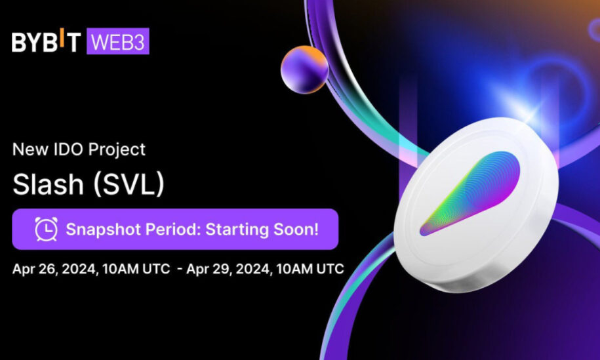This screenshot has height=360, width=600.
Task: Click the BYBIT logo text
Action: (x=47, y=41)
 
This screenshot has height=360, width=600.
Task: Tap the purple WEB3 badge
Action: (x=118, y=41)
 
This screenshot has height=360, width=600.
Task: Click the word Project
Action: (x=117, y=150)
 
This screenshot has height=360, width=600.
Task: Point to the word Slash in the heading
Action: (x=49, y=184)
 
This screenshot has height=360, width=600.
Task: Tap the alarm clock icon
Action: (x=47, y=229)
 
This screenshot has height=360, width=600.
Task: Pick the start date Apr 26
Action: (x=35, y=269)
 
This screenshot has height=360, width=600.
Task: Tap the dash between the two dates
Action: (x=180, y=269)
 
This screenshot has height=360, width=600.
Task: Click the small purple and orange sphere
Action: (x=305, y=70)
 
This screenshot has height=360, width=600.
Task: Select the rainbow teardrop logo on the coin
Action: (x=470, y=193)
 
